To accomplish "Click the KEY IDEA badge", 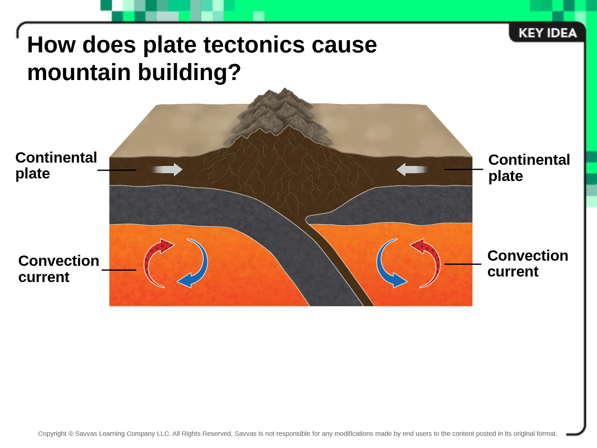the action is [547, 33].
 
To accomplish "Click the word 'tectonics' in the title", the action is [254, 45].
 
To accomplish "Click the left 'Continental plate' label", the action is [56, 166].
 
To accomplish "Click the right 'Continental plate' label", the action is [529, 167].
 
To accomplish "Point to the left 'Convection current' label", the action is [59, 269].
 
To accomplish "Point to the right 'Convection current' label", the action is [528, 263].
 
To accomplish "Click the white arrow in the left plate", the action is [167, 170].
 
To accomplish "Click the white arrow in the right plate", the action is [413, 170].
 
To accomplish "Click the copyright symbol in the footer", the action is [71, 434].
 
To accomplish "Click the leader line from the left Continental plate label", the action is [117, 170].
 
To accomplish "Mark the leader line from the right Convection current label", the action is [462, 264].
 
